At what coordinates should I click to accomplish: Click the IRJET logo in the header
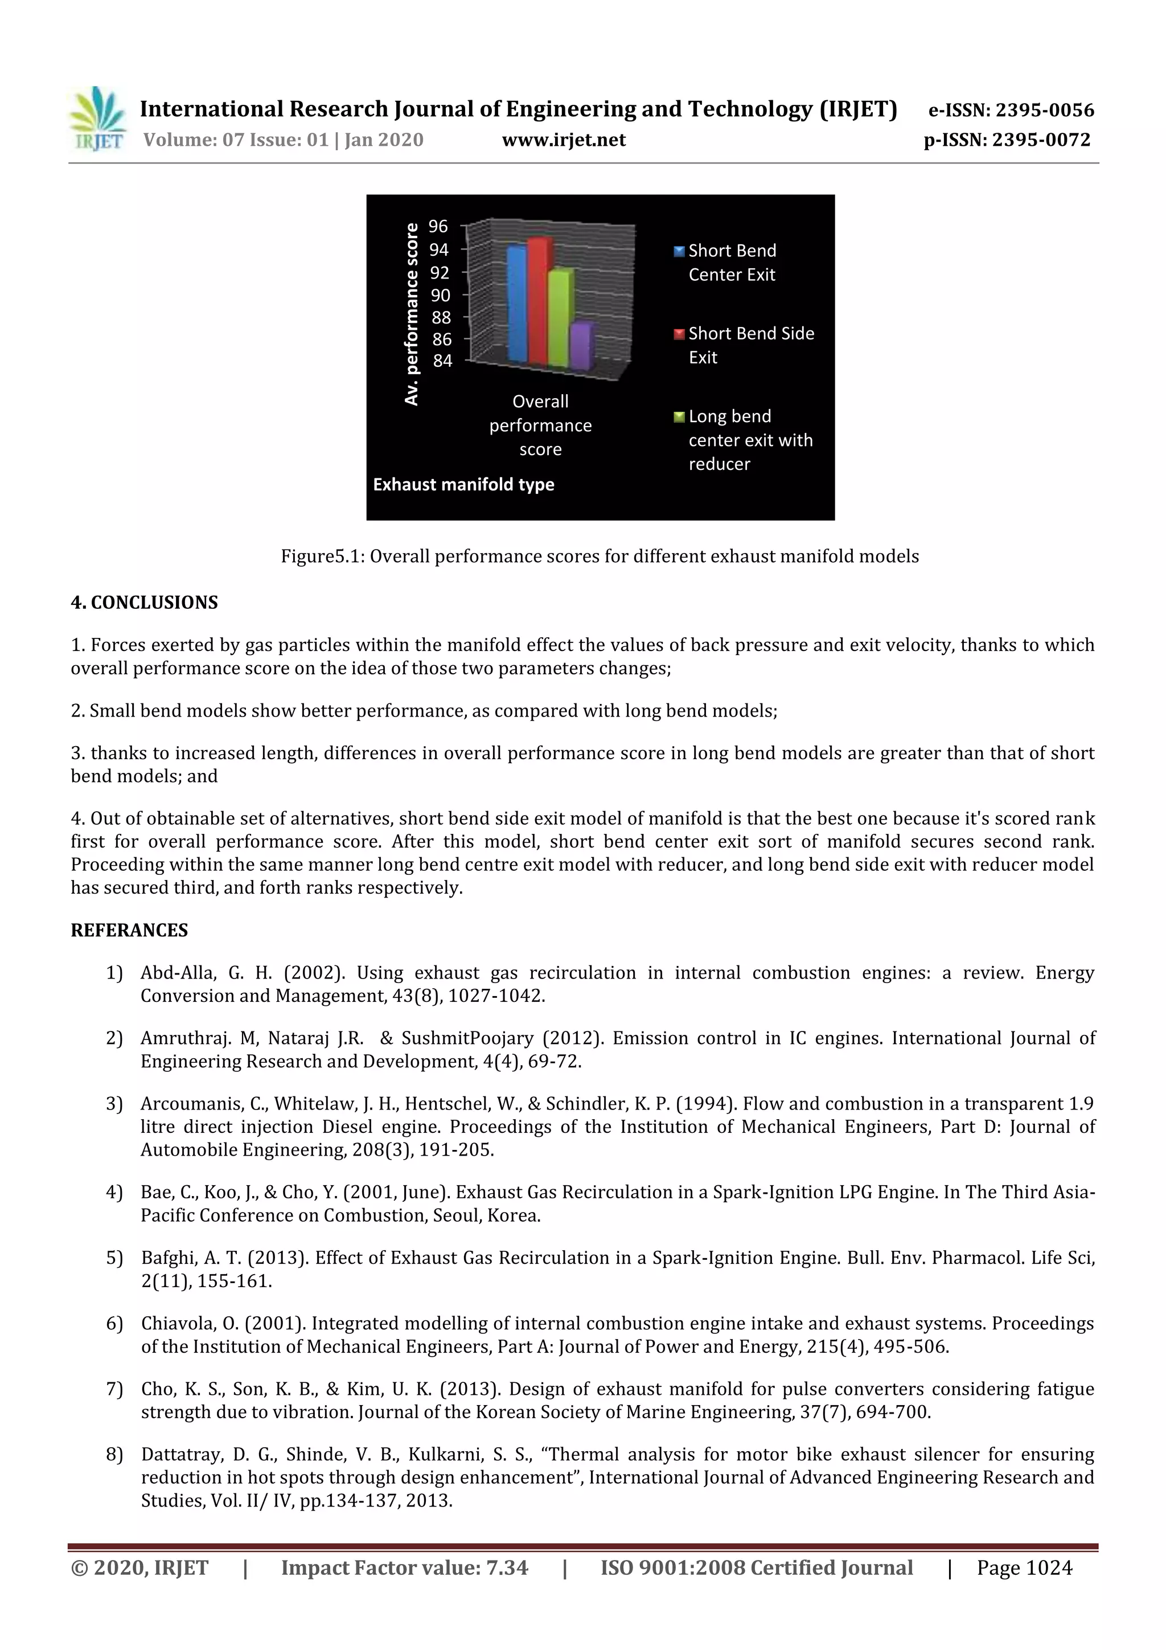97,119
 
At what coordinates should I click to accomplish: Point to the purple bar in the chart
582,347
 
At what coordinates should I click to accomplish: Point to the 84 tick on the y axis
442,361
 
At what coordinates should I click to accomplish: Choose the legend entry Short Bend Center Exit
732,263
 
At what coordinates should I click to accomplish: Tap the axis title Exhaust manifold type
463,484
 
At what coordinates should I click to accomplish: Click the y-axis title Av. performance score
412,314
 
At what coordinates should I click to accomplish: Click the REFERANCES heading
129,930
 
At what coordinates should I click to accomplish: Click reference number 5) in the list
114,1258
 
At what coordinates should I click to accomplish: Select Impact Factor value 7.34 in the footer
404,1567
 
